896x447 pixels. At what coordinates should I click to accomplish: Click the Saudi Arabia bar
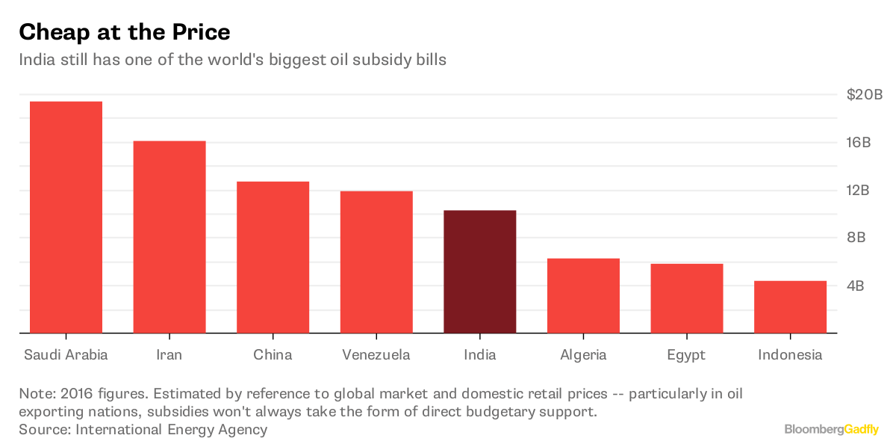coord(66,217)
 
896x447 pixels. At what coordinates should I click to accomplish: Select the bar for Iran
coord(169,237)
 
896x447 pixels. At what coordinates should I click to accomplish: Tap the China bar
coord(273,257)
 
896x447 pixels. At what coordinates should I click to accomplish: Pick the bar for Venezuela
coord(376,262)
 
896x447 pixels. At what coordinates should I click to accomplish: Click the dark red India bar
coord(479,271)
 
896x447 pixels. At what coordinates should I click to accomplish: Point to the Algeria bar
coord(583,295)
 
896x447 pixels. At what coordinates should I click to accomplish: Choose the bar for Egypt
coord(686,298)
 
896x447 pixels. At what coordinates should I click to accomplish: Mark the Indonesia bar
coord(790,306)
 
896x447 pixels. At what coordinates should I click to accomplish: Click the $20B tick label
coord(864,95)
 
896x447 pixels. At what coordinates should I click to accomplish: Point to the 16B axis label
coord(859,143)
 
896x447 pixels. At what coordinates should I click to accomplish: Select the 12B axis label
coord(859,191)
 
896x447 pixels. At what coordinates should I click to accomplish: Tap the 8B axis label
coord(856,238)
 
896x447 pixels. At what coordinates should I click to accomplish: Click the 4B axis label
coord(856,286)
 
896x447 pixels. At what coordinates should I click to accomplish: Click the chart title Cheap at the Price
coord(124,32)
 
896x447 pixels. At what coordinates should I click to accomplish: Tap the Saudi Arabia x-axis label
coord(66,355)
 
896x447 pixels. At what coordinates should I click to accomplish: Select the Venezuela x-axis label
coord(376,355)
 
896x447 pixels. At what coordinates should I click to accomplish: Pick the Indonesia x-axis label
coord(790,355)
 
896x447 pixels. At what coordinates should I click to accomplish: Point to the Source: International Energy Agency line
coord(143,430)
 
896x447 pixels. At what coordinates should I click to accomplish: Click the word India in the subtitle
coord(37,61)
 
